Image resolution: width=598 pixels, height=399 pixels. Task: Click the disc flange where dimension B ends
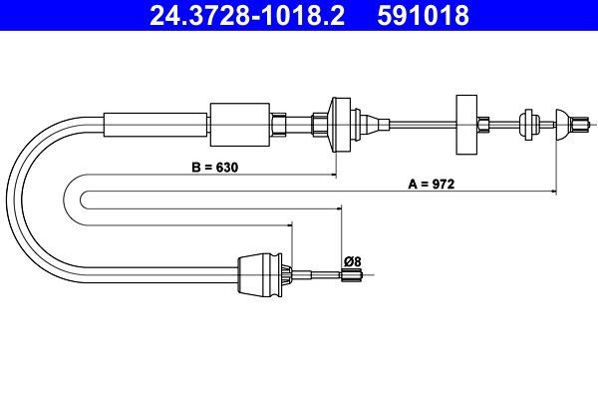(x=336, y=124)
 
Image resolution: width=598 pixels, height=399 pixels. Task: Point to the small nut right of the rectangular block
(x=483, y=125)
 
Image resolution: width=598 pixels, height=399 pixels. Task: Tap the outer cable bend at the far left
(x=22, y=199)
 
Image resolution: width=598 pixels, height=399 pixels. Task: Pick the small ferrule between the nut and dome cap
(x=525, y=125)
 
